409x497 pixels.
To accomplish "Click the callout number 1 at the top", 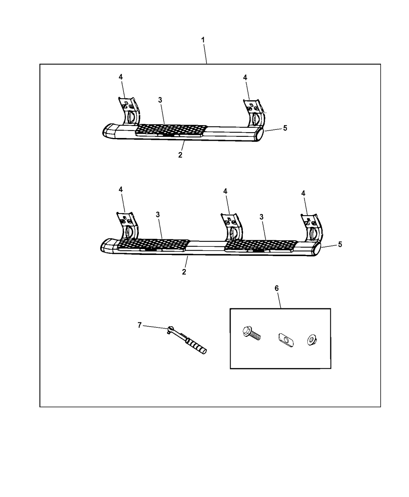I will point(203,40).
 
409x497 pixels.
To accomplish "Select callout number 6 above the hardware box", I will point(277,288).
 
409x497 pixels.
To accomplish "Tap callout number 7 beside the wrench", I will point(140,325).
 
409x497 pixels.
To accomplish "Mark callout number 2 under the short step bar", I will point(180,155).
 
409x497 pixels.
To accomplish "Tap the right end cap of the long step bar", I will point(316,249).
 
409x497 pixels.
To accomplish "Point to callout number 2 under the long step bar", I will point(184,271).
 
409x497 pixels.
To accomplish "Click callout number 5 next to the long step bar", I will point(340,244).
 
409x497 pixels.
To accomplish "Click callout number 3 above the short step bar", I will point(160,100).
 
